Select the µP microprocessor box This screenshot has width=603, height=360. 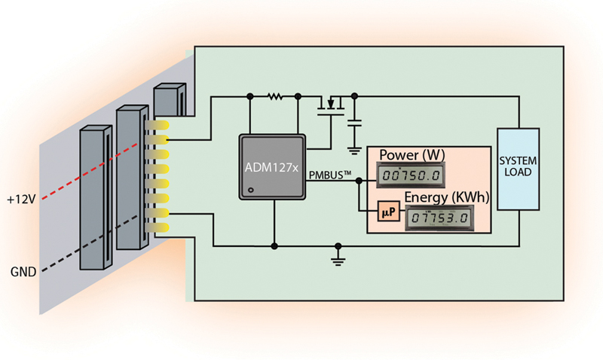point(386,215)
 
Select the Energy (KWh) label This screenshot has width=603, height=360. point(447,197)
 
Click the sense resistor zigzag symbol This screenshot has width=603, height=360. point(274,96)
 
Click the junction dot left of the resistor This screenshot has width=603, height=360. point(249,96)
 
